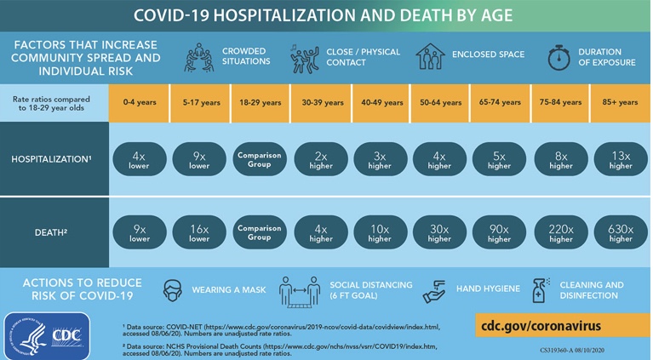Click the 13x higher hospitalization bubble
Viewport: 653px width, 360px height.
(621, 159)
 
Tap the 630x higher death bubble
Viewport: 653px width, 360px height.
(621, 232)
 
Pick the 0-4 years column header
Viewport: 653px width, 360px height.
(139, 102)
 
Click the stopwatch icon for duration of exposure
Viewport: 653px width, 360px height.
(558, 57)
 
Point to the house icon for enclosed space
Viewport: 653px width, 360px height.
(431, 57)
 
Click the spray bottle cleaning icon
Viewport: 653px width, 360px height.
(540, 291)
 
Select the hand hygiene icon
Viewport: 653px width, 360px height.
(435, 289)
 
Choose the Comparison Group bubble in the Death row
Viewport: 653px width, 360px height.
(260, 232)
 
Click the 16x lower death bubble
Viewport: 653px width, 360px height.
(199, 232)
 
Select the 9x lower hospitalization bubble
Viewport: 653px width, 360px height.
(199, 159)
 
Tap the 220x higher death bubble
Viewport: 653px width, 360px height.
(561, 232)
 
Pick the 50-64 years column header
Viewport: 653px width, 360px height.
(440, 102)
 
